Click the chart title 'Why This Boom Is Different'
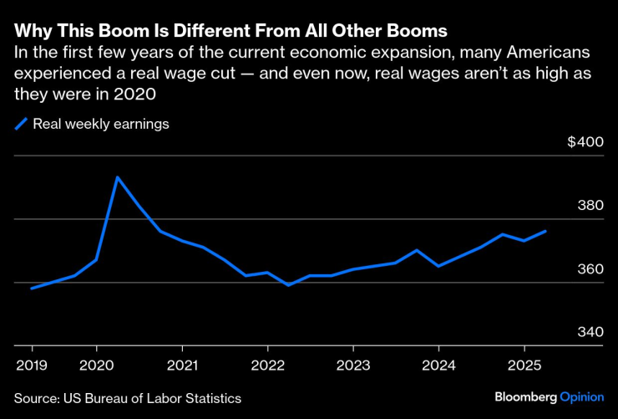230,32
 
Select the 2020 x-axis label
96,366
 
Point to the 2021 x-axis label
182,366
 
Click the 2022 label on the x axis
267,366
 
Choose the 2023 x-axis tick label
353,366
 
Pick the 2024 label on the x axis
438,366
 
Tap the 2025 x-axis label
524,366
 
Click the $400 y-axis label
585,142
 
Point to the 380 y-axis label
590,206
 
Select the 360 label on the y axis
590,269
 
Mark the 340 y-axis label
590,333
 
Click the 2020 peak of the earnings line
118,176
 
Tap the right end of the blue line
546,231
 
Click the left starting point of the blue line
32,289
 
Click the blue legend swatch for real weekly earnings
21,125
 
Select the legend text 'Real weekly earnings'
101,125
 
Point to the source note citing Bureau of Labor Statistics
128,397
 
